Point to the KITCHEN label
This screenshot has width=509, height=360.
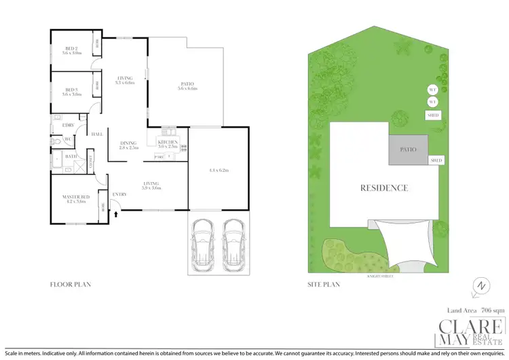point(168,142)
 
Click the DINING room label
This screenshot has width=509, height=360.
point(128,143)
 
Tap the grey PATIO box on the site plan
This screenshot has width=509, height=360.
point(409,149)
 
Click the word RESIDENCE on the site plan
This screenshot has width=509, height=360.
point(384,187)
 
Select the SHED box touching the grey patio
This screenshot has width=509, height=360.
point(436,160)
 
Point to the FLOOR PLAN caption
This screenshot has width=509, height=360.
point(71,285)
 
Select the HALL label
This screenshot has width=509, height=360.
point(97,134)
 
